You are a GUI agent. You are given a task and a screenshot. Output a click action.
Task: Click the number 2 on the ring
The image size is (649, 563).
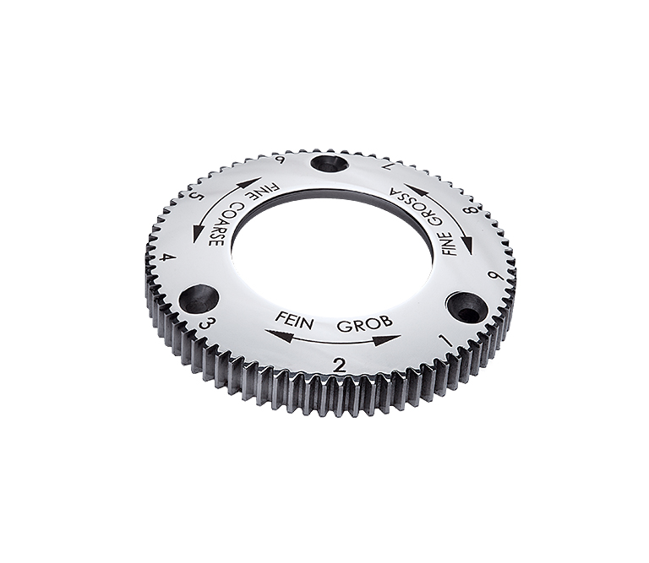pyautogui.click(x=340, y=365)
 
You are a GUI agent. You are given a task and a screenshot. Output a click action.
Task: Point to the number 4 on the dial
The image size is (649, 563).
pyautogui.click(x=168, y=259)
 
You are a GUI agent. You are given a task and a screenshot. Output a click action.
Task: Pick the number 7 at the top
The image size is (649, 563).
pyautogui.click(x=386, y=166)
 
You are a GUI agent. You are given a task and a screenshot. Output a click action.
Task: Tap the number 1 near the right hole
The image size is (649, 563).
pyautogui.click(x=446, y=341)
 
